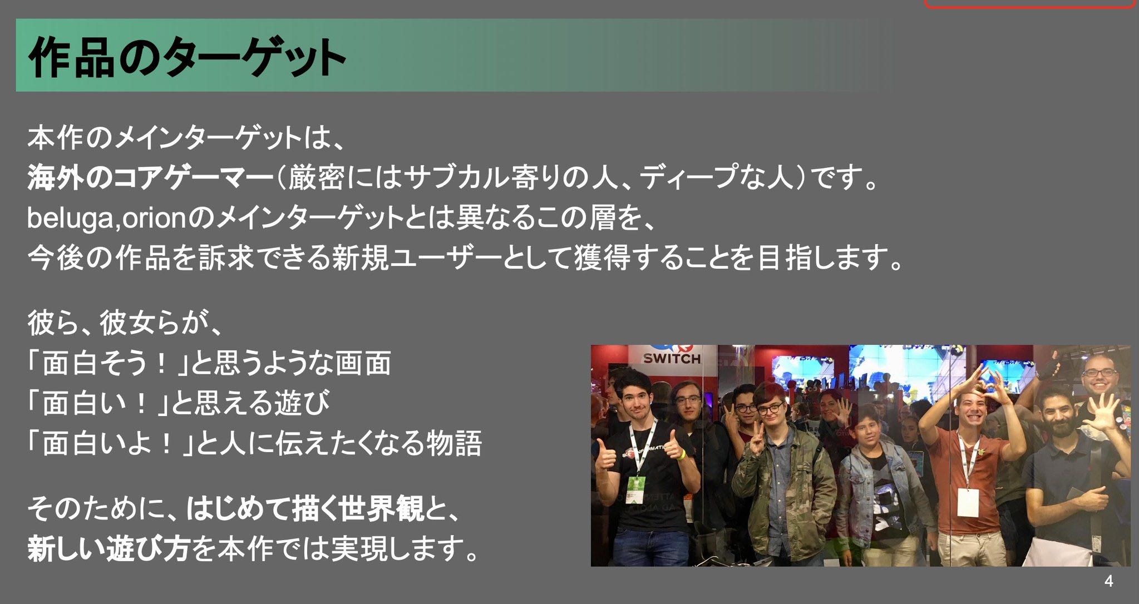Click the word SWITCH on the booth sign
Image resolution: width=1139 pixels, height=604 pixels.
click(672, 359)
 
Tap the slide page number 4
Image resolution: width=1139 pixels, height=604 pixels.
click(1108, 581)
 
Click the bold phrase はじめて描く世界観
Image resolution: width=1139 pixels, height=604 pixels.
click(305, 509)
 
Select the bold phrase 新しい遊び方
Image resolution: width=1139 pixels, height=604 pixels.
click(109, 548)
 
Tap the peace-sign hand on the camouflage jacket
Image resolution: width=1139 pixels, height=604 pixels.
click(756, 445)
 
